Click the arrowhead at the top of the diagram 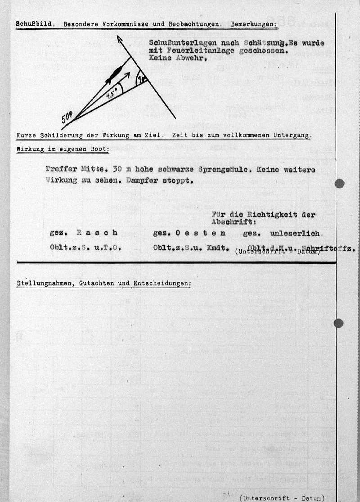(x=119, y=39)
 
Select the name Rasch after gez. (x=97, y=233)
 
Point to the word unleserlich (x=295, y=233)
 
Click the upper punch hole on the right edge (x=340, y=183)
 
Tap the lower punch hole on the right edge (x=339, y=323)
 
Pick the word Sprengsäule (x=217, y=170)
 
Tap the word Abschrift (x=230, y=222)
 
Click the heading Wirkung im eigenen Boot (x=63, y=149)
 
